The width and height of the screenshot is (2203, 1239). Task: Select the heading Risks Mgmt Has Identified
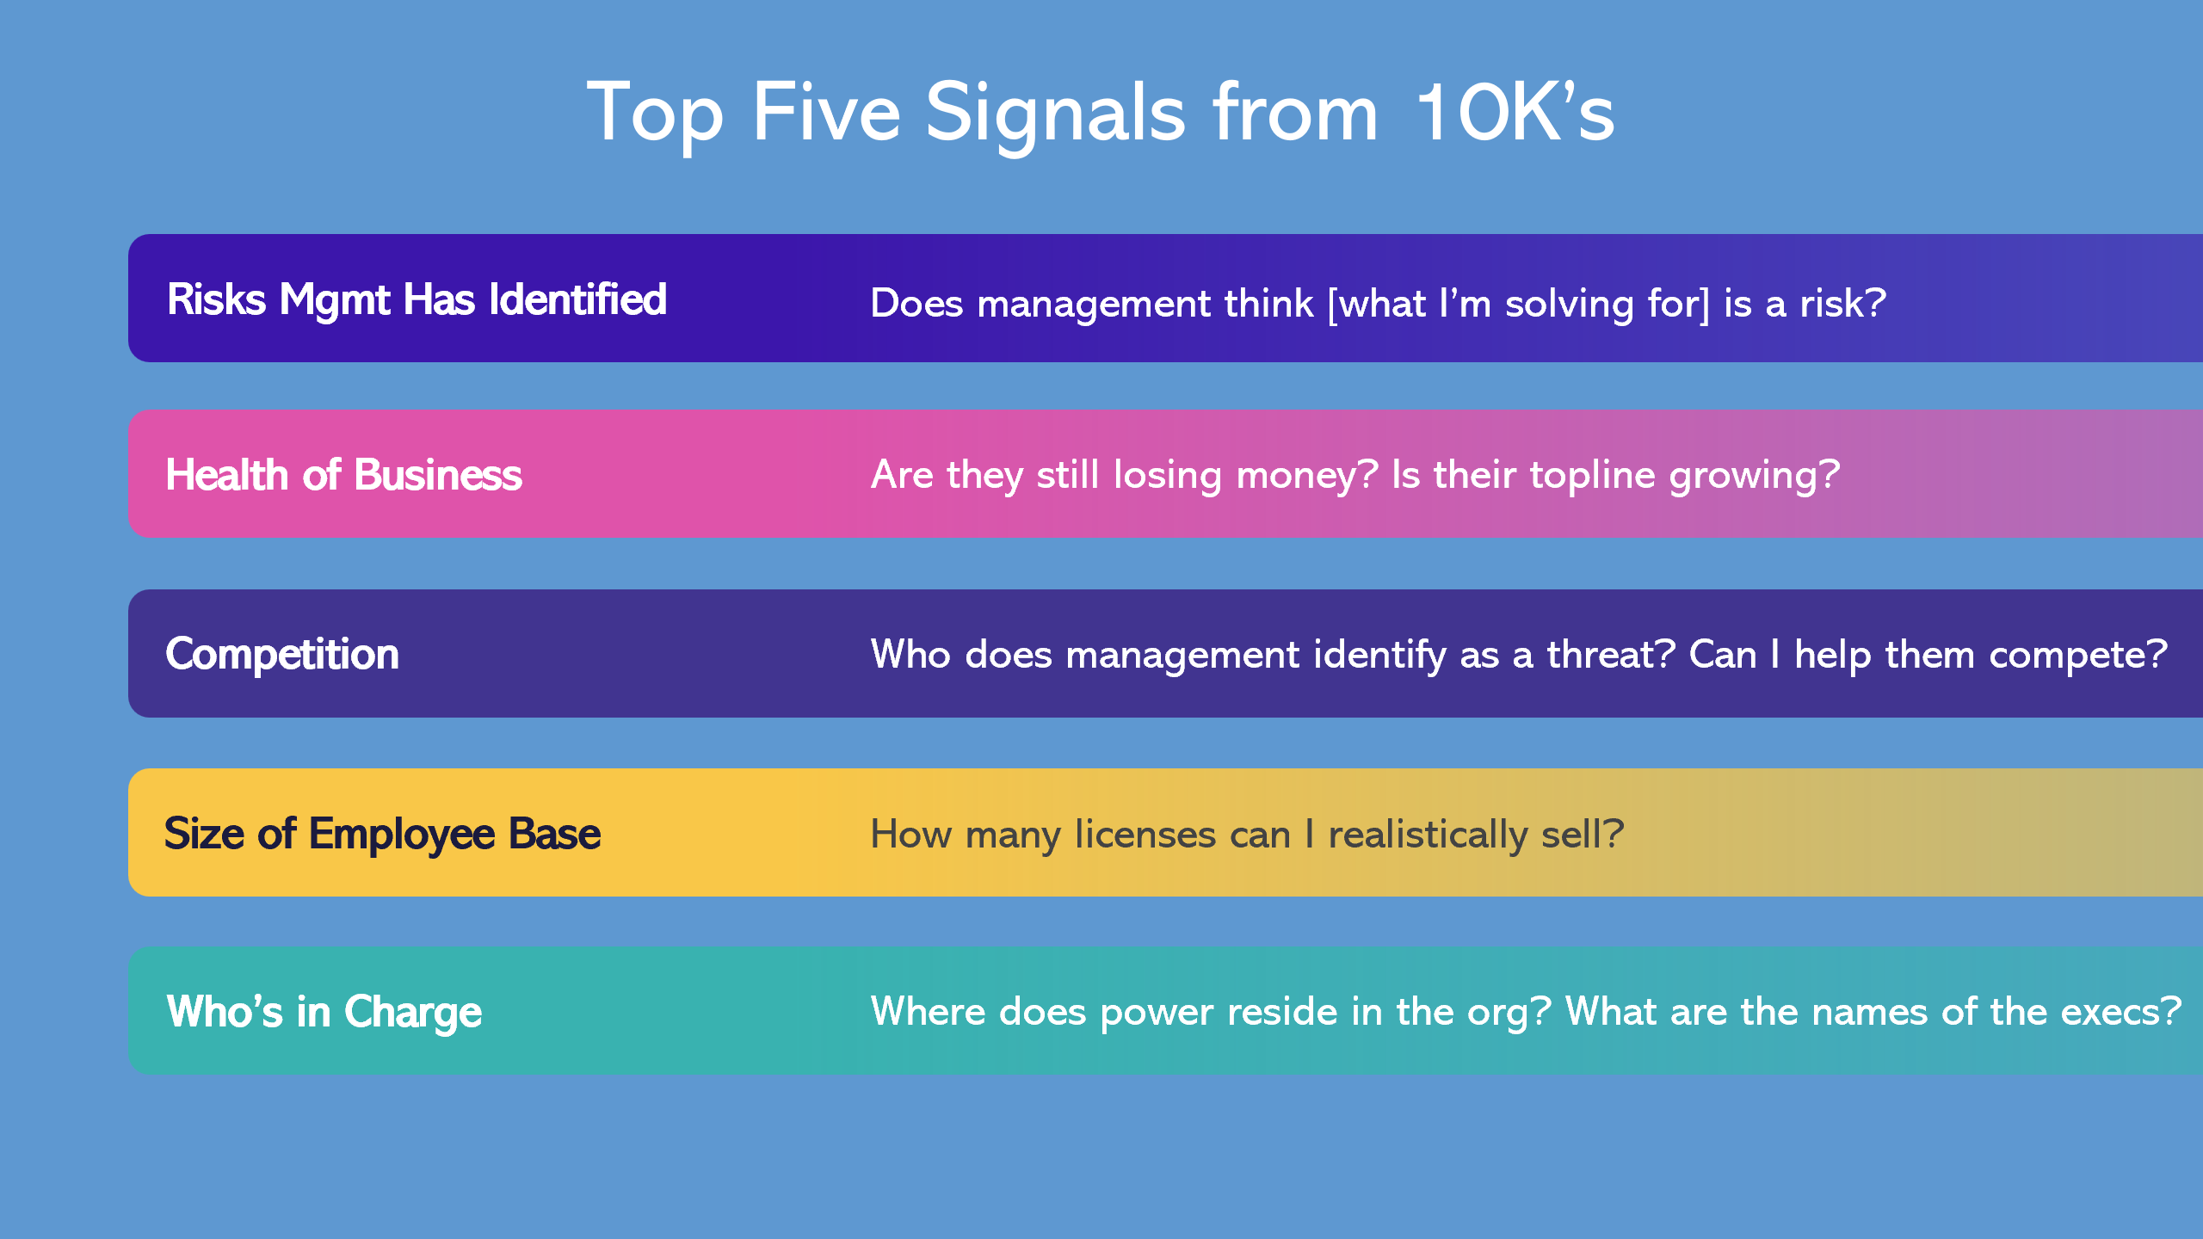417,300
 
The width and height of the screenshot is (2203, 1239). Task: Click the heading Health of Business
343,476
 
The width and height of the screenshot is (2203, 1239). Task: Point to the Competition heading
282,655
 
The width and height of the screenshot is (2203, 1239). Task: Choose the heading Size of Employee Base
382,835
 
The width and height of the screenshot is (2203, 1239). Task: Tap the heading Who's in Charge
324,1012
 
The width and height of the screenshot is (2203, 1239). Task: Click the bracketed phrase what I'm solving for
1519,304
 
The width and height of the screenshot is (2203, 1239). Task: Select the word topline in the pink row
1592,475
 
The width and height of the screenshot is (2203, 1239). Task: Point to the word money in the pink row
1299,475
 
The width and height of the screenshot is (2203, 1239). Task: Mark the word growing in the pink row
1747,476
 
